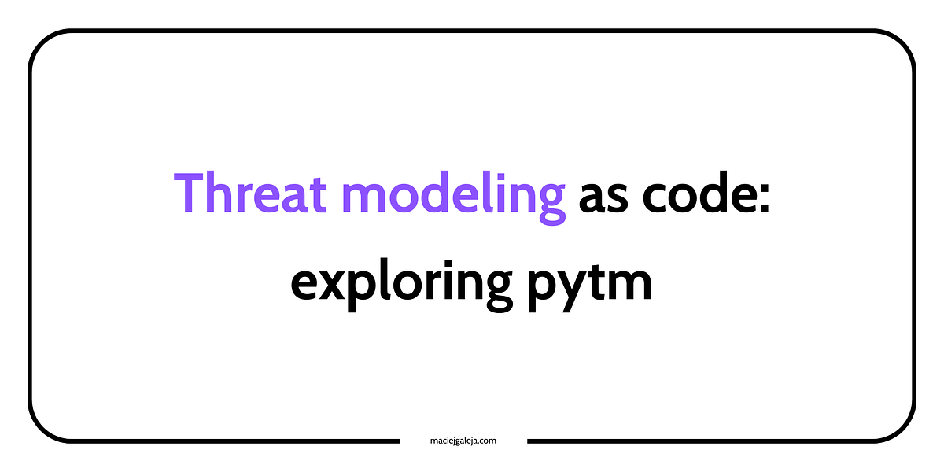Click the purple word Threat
(x=245, y=194)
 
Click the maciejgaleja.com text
(x=463, y=441)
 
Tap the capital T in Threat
(x=190, y=194)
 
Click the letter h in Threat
(x=224, y=192)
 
